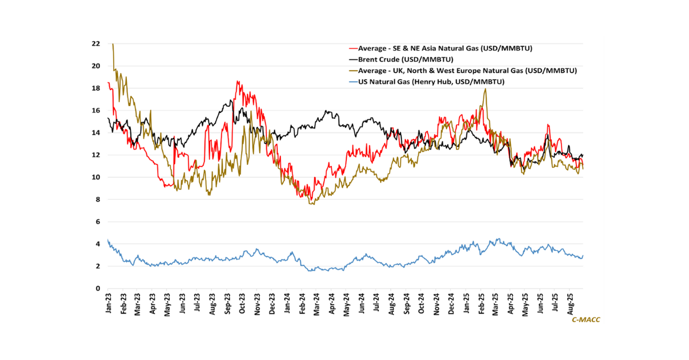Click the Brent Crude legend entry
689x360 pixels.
pos(405,59)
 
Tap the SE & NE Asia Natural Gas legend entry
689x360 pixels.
pos(448,48)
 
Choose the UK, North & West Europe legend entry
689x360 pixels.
pos(467,71)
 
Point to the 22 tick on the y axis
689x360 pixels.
pos(96,44)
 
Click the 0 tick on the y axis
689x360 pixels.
pos(98,289)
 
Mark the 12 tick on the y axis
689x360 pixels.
pos(96,155)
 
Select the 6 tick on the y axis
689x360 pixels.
pos(98,222)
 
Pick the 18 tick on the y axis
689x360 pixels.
pos(96,88)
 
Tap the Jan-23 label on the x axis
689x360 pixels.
pos(109,304)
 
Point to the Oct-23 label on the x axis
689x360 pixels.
pos(242,304)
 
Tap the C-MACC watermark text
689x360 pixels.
pos(586,319)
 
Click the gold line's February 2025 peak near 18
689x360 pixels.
pos(486,89)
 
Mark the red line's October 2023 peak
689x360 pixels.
pos(237,82)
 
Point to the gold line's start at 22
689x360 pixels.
pos(113,44)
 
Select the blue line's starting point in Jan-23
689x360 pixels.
pos(108,240)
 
